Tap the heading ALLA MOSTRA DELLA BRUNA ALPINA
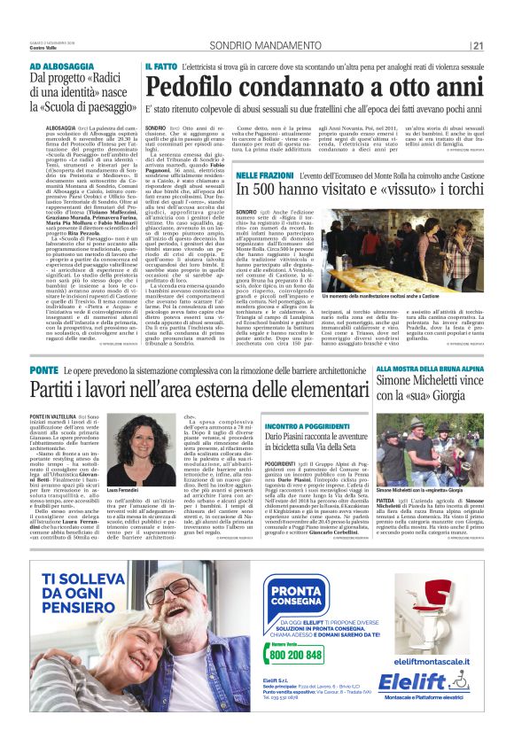[430, 369]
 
